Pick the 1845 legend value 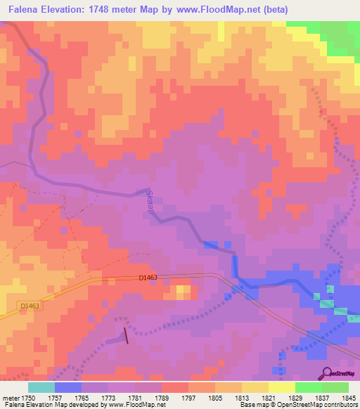(x=349, y=398)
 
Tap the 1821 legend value (x=269, y=398)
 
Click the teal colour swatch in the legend (x=41, y=387)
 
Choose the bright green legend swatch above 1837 (x=309, y=387)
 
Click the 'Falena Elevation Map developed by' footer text (x=53, y=405)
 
